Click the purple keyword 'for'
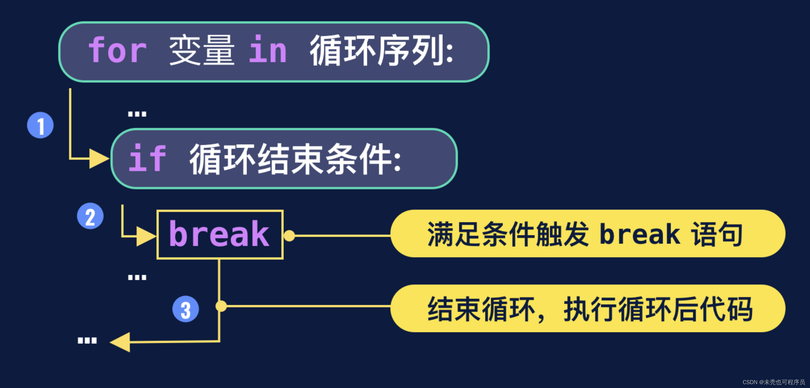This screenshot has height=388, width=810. point(117,50)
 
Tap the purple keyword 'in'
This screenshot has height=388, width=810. point(268,50)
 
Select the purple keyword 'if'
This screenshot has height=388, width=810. point(147,159)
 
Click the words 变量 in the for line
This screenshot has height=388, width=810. point(201,50)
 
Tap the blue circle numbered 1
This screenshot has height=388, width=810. point(40,125)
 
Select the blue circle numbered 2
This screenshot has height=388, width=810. point(90,216)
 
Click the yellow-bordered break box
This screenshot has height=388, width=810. point(220,235)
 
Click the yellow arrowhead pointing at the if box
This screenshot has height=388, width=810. point(99,159)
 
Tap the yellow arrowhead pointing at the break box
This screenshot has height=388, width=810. point(146,236)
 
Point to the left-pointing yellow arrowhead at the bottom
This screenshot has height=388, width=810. point(120,342)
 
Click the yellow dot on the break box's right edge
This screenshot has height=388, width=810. point(289,236)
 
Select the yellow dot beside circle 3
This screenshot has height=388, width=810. point(221,306)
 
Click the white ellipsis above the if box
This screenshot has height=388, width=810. point(137,114)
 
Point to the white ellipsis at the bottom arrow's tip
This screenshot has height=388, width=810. point(87,341)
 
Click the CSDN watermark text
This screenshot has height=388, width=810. point(773,382)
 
